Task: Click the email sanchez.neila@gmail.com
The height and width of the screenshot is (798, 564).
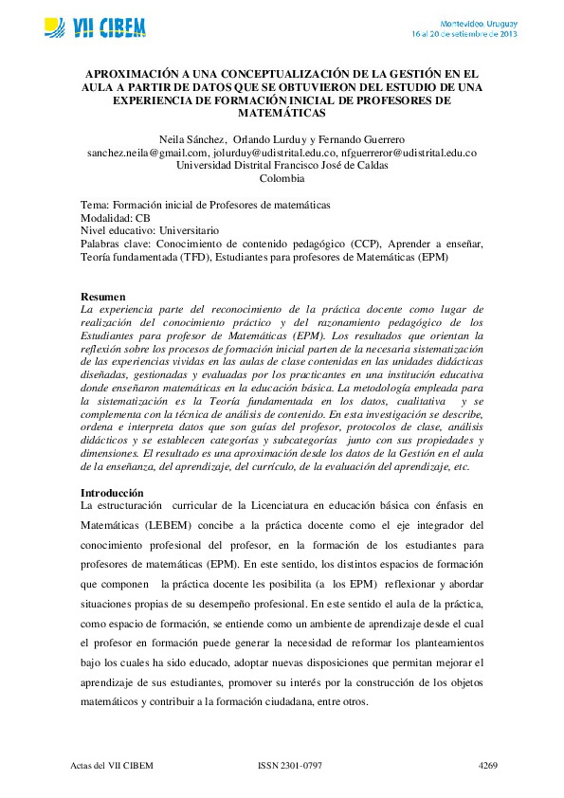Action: (147, 152)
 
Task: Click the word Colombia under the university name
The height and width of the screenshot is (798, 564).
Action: (282, 178)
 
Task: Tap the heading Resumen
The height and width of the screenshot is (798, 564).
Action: (103, 297)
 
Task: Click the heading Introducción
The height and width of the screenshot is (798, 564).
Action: (112, 493)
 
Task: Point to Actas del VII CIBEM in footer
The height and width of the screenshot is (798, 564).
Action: (112, 765)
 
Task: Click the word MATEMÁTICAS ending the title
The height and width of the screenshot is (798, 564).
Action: (282, 112)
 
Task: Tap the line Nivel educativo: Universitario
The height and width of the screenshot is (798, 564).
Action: (150, 230)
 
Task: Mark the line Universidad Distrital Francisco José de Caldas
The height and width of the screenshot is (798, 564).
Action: (282, 165)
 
